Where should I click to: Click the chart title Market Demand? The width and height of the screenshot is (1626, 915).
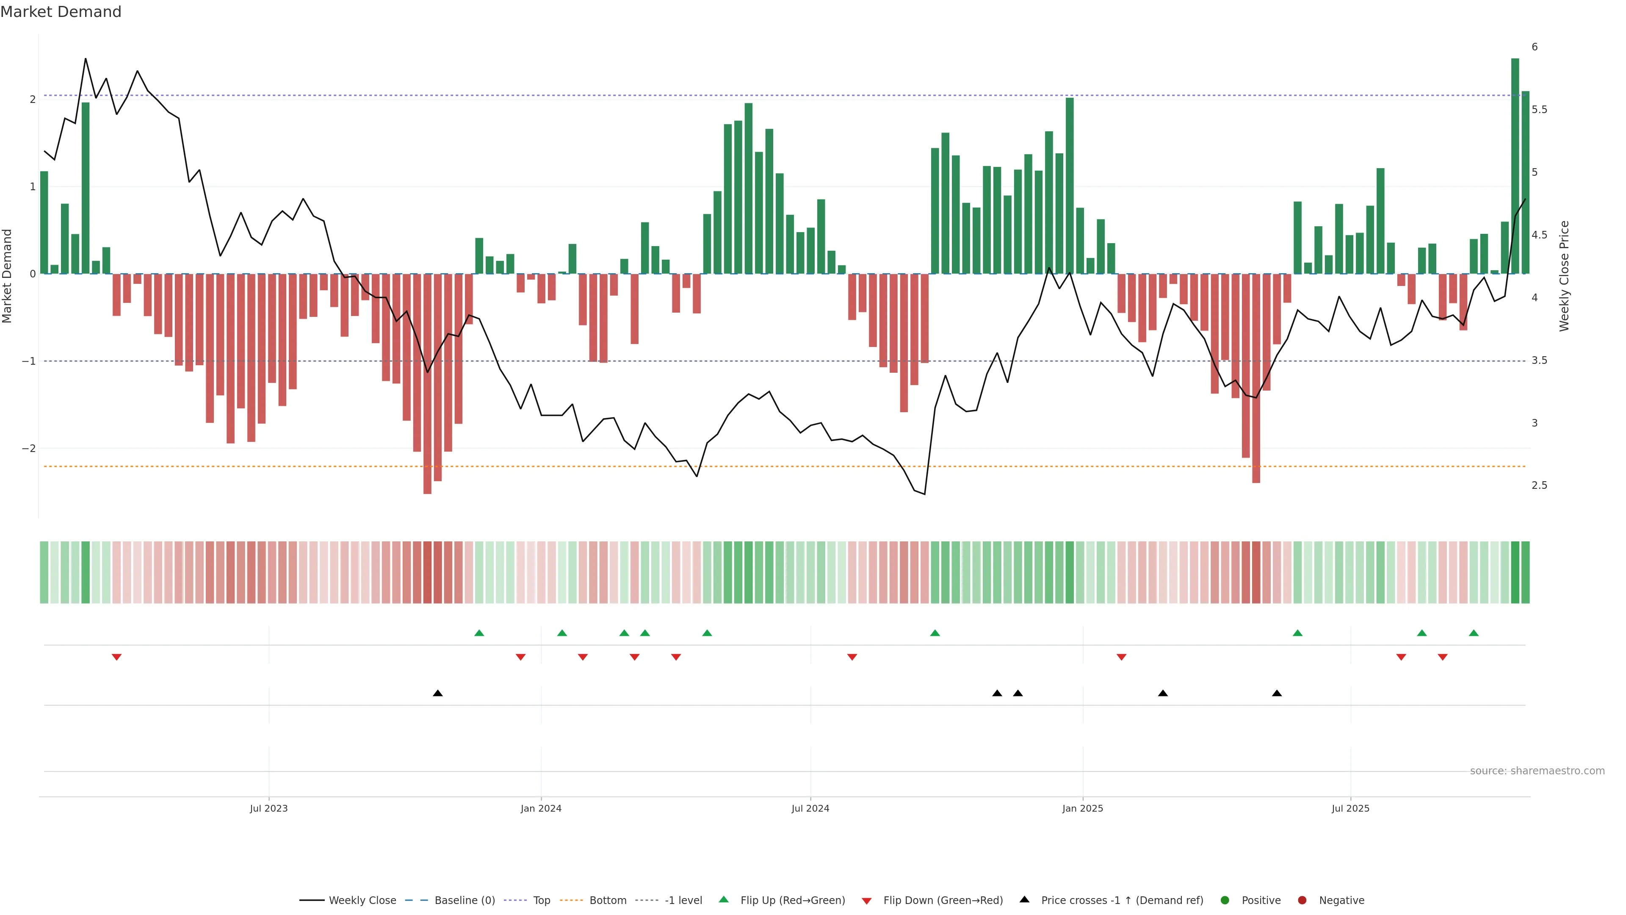[x=61, y=12]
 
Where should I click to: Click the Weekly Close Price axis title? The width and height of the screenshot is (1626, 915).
[x=1563, y=276]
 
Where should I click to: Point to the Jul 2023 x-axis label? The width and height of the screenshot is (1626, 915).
[x=268, y=808]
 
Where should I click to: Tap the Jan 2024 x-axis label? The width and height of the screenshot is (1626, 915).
[x=541, y=808]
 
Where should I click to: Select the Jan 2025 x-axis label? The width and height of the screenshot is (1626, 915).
[x=1083, y=808]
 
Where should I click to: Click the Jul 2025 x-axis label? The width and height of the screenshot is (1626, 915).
[x=1350, y=808]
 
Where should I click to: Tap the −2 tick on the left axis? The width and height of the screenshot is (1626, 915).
[x=29, y=448]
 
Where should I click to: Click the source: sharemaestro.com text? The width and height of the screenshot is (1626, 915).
[x=1537, y=771]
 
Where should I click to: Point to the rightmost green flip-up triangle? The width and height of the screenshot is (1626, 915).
[x=1473, y=633]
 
